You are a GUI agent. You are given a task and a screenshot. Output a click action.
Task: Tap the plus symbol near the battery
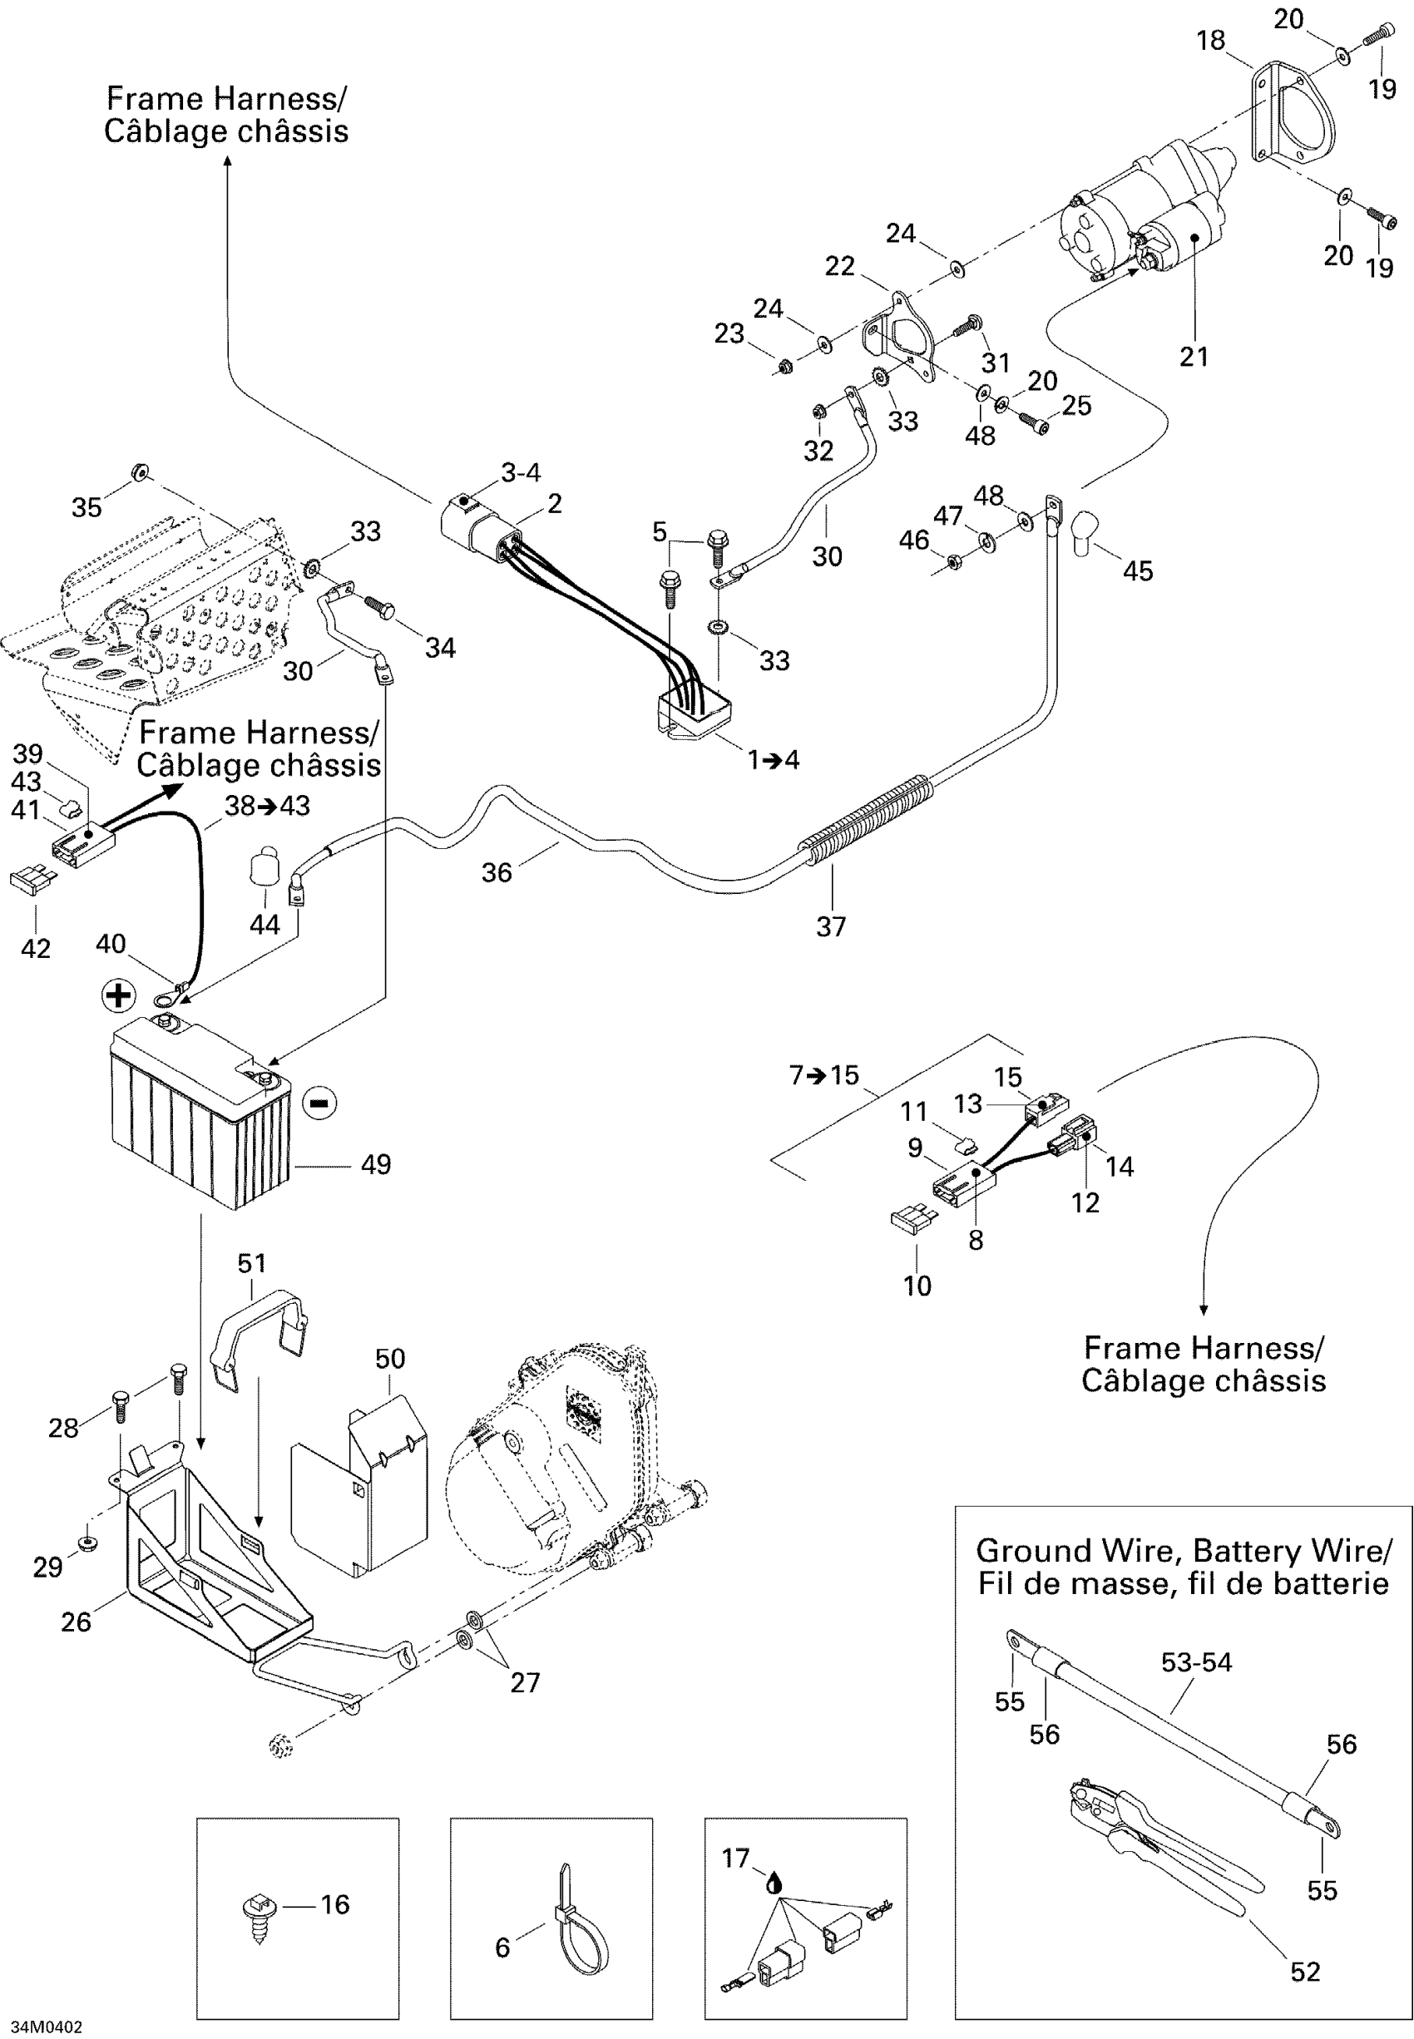118,995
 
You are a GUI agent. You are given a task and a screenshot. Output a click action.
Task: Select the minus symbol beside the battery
319,1103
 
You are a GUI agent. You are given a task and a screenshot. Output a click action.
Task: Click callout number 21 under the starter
1194,357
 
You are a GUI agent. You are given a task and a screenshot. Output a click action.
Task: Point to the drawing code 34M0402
46,2027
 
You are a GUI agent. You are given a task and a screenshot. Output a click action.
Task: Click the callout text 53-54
1196,1661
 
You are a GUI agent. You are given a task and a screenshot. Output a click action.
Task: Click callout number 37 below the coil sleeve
831,926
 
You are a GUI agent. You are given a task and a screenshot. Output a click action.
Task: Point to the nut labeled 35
139,471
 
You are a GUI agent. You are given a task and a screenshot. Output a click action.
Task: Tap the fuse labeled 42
32,881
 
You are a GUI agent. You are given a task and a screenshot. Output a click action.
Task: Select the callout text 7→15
824,1075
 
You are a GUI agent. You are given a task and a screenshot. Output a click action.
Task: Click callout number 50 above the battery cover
390,1359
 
